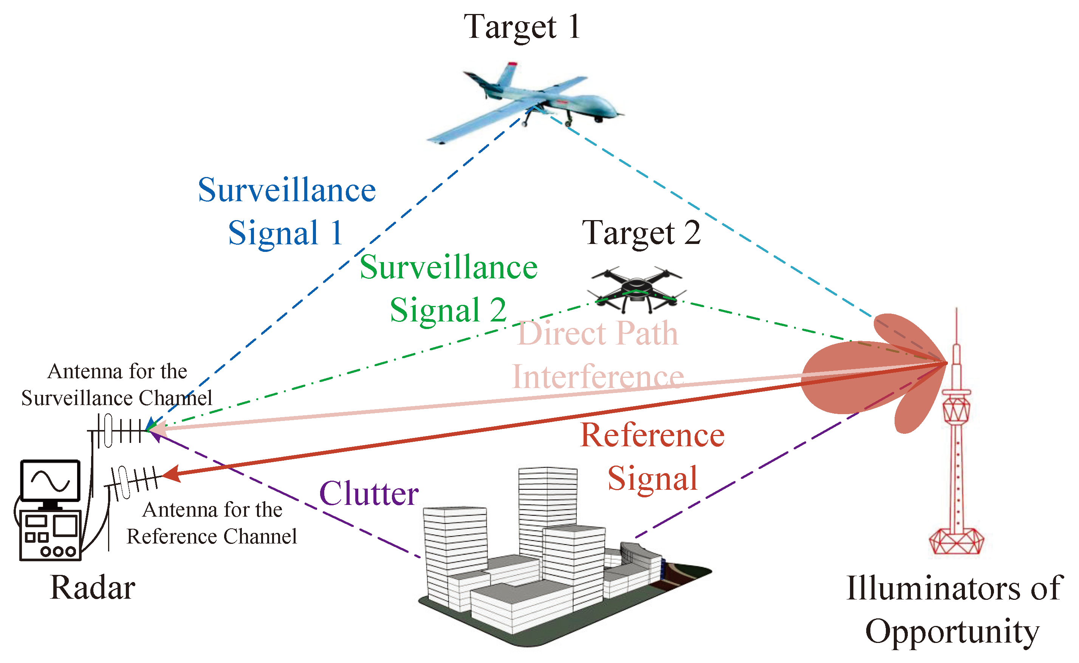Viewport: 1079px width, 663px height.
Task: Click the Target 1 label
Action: click(x=522, y=27)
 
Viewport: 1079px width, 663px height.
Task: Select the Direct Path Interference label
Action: click(x=598, y=355)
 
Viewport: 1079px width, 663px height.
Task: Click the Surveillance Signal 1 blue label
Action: click(x=286, y=211)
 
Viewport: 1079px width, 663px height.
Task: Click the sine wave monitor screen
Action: click(x=50, y=481)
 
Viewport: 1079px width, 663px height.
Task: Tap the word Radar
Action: click(x=93, y=588)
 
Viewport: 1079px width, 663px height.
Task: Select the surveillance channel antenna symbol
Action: click(x=118, y=431)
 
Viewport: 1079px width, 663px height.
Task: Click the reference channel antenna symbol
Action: click(x=134, y=481)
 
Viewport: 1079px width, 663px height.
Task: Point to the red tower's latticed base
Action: click(x=956, y=542)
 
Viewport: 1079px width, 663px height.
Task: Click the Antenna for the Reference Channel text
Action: click(x=212, y=523)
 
